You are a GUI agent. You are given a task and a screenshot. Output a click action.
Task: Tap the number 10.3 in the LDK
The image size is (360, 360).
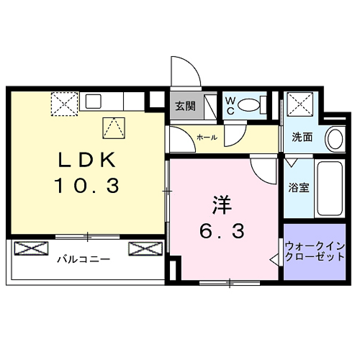(84, 186)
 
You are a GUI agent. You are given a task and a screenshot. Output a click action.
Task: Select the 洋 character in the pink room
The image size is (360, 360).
(222, 204)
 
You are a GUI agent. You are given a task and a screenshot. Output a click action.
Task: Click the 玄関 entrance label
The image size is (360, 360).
(185, 107)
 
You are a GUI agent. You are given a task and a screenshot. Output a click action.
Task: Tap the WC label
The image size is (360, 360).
(230, 106)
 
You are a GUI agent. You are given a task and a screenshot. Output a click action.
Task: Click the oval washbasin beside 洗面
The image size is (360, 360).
(334, 138)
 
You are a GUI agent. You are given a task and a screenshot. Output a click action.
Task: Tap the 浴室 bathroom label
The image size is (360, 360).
(298, 188)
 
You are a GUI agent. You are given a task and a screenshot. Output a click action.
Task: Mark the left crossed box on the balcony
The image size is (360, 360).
(30, 249)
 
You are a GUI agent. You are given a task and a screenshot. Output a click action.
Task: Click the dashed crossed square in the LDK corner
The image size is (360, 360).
(64, 105)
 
